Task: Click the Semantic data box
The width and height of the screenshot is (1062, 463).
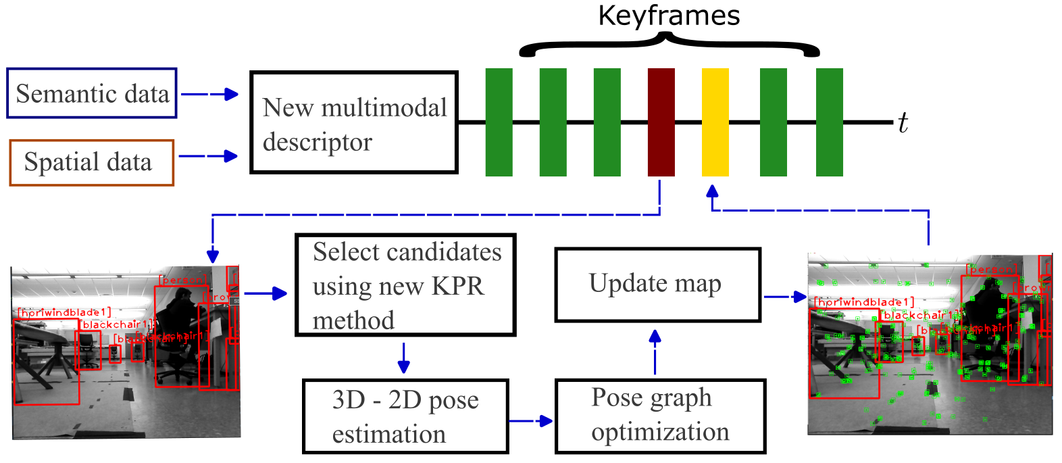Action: pos(92,93)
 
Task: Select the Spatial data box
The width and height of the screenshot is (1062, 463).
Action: pos(92,162)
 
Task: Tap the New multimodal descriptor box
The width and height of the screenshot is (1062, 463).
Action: pos(354,123)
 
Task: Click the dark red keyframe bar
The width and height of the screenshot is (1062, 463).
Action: pos(661,122)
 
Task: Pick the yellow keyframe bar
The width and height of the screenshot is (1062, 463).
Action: pos(715,122)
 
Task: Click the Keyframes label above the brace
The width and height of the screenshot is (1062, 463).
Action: pos(669,16)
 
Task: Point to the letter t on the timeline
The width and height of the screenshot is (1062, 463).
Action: pos(903,123)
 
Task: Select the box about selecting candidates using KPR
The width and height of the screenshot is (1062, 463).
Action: pos(405,285)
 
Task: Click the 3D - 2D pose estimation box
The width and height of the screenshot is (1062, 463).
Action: pos(405,416)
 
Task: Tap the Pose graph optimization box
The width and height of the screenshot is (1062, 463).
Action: pos(659,416)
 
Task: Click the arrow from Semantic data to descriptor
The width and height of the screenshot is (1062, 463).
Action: pos(210,94)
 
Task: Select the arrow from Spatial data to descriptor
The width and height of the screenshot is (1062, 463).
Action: pos(208,156)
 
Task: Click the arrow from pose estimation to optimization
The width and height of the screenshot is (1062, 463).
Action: pos(531,421)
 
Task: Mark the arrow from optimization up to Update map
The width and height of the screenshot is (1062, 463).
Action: pos(655,351)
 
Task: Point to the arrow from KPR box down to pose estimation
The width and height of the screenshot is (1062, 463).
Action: pos(403,358)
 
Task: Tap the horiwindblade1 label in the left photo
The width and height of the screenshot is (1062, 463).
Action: pos(65,312)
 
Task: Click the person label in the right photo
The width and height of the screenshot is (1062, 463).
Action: pos(991,269)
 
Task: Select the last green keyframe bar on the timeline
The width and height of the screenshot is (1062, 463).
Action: pos(830,122)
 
